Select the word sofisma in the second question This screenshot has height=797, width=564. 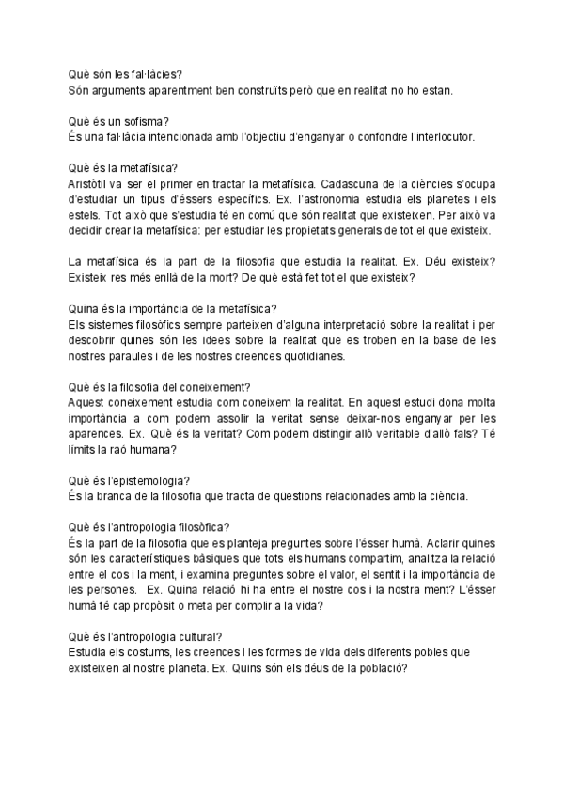[137, 121]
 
